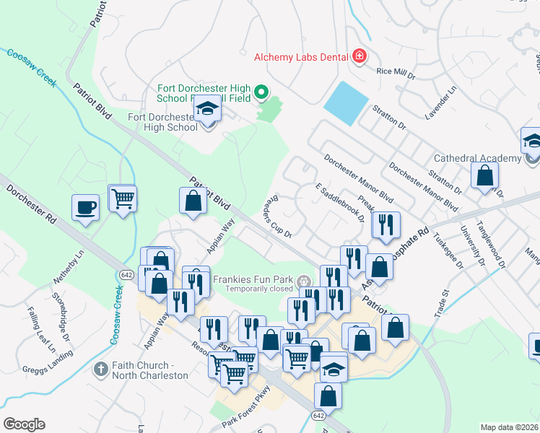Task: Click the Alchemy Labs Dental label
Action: click(x=302, y=56)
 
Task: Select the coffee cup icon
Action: click(x=85, y=208)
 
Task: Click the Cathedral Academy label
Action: click(x=477, y=158)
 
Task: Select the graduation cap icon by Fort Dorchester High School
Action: click(x=208, y=110)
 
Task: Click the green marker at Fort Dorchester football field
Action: click(x=262, y=92)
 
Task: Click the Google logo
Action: click(x=24, y=424)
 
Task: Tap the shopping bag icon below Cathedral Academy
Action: click(x=484, y=175)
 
